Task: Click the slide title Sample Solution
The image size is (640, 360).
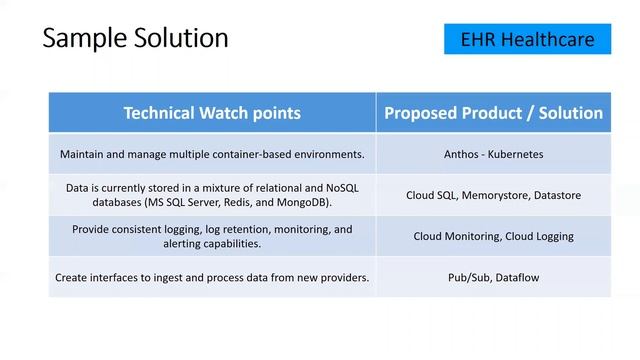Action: point(134,39)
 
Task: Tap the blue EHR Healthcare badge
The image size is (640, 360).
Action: point(527,39)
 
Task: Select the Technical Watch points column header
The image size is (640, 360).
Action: point(212,113)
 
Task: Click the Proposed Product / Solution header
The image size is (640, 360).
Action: point(493,113)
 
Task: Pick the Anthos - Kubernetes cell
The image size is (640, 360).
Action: point(493,155)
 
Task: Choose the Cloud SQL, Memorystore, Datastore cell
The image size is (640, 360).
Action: point(493,195)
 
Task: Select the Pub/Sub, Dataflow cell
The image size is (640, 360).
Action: point(493,277)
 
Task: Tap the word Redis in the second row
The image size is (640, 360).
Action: point(264,202)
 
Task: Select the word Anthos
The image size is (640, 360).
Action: point(462,155)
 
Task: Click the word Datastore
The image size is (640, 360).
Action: point(555,195)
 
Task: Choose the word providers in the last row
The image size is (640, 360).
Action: point(342,277)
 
